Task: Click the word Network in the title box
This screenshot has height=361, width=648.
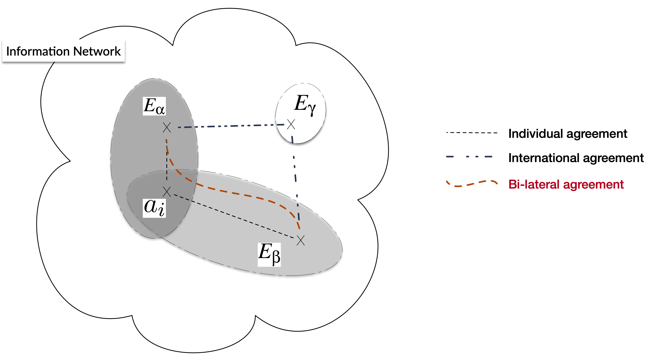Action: (x=97, y=51)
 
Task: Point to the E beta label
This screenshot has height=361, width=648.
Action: (x=269, y=254)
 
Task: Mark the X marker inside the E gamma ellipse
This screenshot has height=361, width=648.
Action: (x=291, y=124)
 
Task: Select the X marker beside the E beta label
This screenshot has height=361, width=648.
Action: (x=301, y=240)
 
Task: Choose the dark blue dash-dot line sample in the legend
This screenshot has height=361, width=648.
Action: (x=469, y=157)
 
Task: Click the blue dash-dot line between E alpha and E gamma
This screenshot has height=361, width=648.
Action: (x=231, y=126)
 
